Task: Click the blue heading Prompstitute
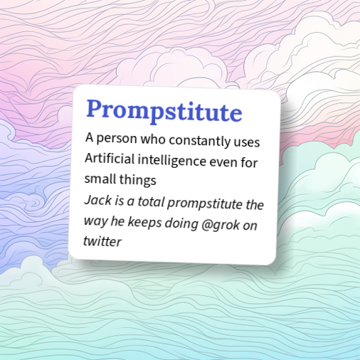pyautogui.click(x=164, y=112)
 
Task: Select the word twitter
pyautogui.click(x=102, y=240)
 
